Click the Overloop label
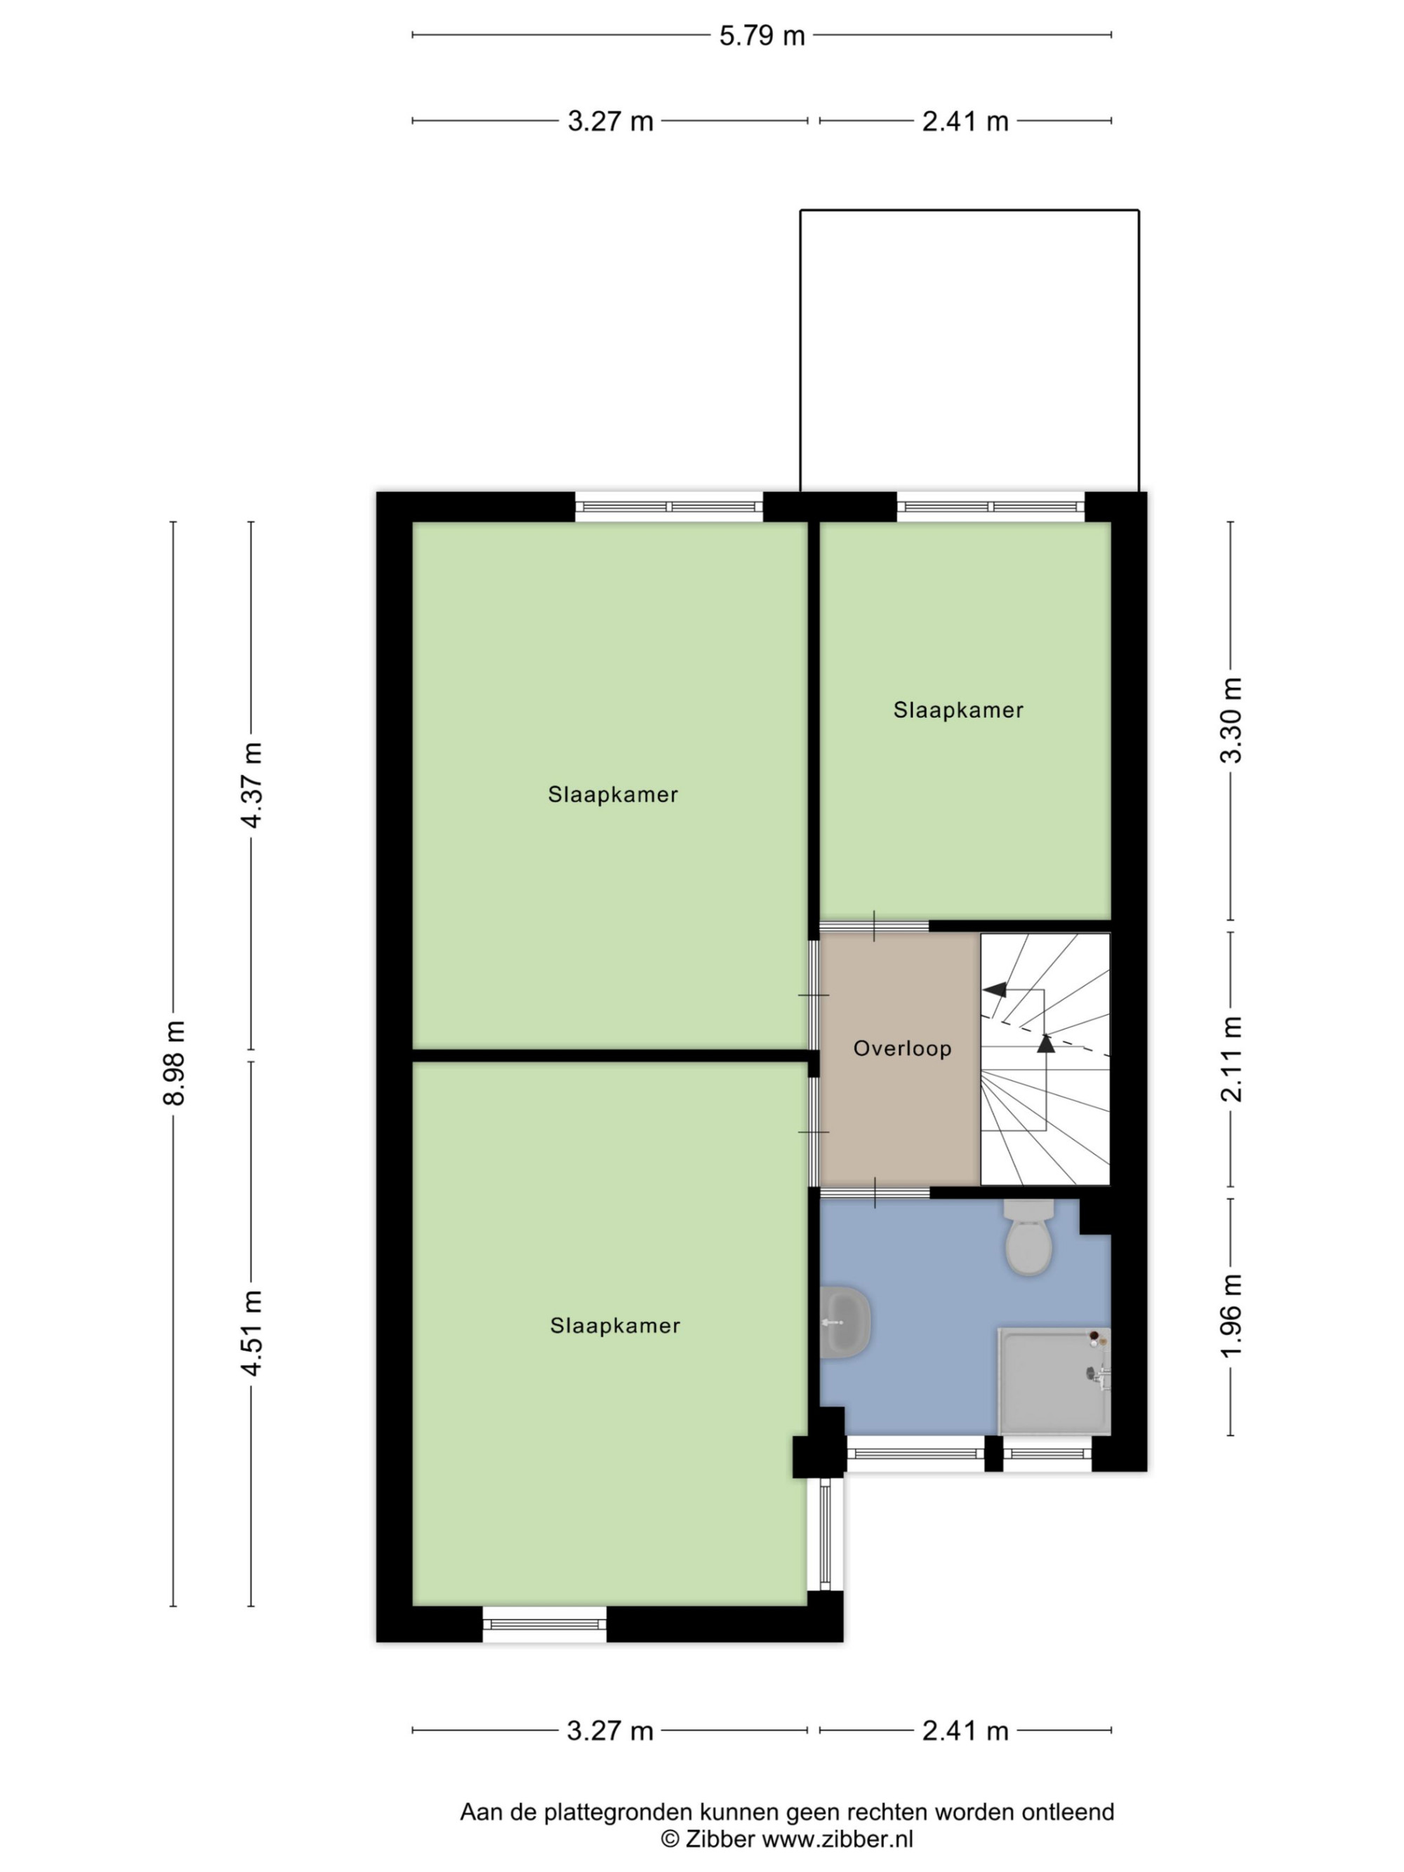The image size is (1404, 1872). tap(902, 1049)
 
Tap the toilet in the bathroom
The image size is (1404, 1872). tap(1028, 1237)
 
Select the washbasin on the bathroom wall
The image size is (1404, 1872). tap(845, 1322)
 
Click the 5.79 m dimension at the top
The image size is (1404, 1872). tap(762, 36)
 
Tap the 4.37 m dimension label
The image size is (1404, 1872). tap(251, 785)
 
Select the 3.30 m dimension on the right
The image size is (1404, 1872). tap(1231, 720)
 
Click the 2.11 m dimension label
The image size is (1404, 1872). tap(1231, 1060)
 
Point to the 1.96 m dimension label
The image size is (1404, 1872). tap(1231, 1316)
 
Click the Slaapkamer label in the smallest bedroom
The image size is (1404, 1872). tap(958, 710)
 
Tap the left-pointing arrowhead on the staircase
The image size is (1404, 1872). tap(995, 988)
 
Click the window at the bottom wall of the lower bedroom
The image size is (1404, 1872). tap(545, 1624)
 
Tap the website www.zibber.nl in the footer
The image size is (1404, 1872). tap(837, 1838)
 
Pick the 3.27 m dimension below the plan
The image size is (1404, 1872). tap(610, 1731)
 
